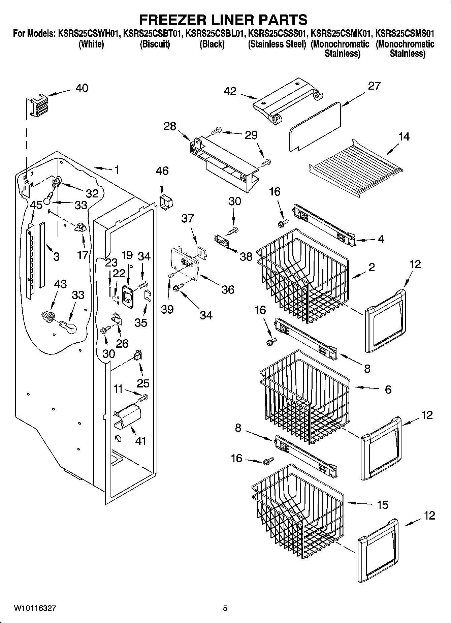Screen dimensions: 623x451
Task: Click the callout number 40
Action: coord(82,88)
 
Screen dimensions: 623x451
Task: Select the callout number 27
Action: coord(374,86)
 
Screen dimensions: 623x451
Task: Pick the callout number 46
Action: coord(162,170)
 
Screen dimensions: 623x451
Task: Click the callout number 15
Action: coord(382,505)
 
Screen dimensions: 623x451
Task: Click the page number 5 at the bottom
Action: coord(225,608)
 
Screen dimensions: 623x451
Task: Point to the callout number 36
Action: coord(228,289)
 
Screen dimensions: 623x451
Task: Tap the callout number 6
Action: coord(388,390)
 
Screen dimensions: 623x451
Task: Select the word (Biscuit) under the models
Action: coord(155,44)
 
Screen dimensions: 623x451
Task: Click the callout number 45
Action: coord(36,205)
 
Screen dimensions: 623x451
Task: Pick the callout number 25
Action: coord(143,383)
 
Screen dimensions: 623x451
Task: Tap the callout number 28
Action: coord(170,126)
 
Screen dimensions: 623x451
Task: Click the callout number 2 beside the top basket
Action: coord(372,267)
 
